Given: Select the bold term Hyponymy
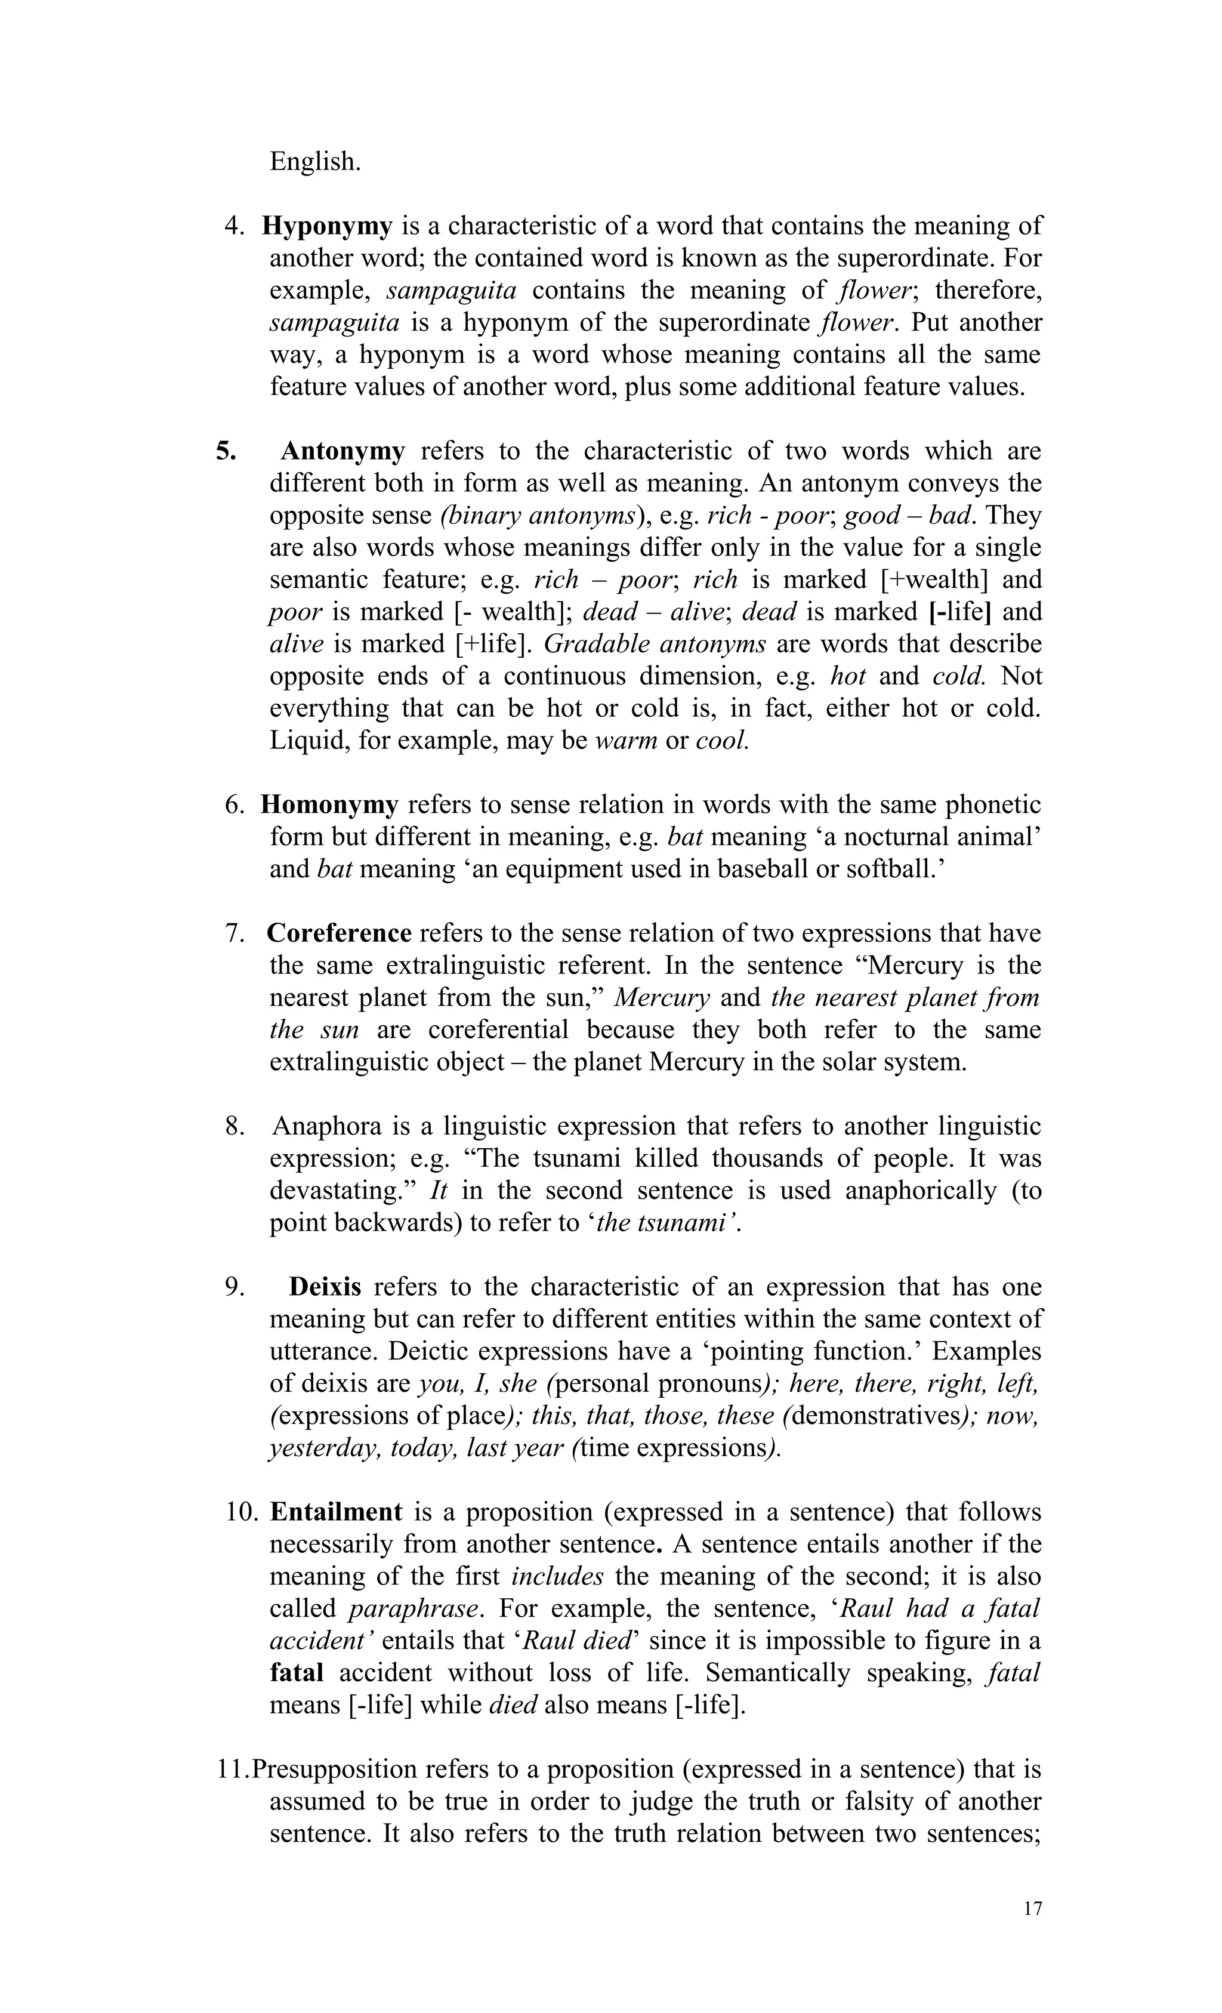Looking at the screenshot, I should pos(327,226).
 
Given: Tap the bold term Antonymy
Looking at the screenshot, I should pos(342,451).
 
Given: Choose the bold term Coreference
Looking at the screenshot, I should pos(339,933).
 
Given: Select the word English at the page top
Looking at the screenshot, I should pos(314,161).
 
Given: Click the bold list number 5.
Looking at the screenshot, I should pos(226,451).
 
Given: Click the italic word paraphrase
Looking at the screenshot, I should pos(412,1608).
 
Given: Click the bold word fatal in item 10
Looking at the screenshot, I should pos(297,1672).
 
